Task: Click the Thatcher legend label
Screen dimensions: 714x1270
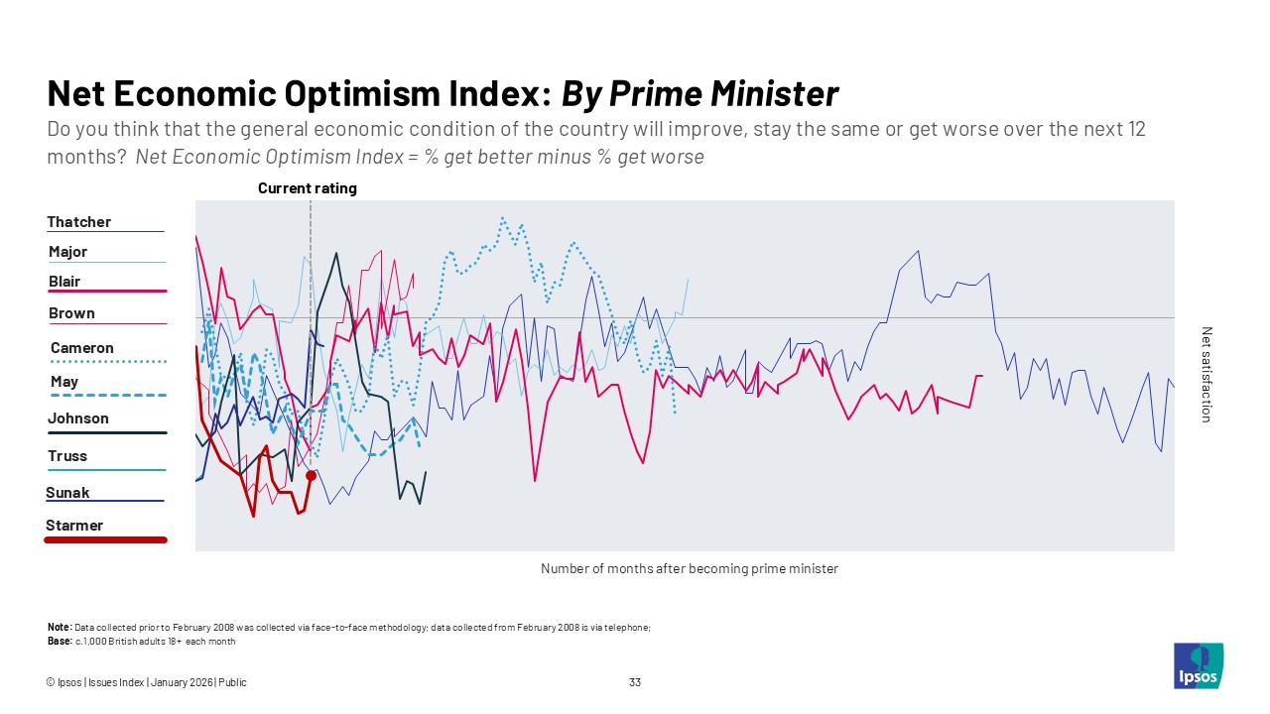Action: (79, 222)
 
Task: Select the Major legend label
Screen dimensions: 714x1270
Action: (68, 252)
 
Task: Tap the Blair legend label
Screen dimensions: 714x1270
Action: (64, 282)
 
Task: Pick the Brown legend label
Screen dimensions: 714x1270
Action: (72, 313)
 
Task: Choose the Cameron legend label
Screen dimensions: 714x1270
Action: (82, 348)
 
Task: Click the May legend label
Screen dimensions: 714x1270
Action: (64, 382)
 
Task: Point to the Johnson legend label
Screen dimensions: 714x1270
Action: (78, 418)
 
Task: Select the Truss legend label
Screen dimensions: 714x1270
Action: (67, 456)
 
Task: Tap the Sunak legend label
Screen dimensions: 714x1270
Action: (67, 493)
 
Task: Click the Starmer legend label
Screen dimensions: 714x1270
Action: (74, 526)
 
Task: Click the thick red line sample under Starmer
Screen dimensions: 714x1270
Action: (105, 540)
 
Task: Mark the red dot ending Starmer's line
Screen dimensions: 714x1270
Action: (311, 476)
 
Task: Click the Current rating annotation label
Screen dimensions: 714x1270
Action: (308, 188)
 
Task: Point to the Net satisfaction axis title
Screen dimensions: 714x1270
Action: (1206, 375)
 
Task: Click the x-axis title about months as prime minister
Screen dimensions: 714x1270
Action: (690, 569)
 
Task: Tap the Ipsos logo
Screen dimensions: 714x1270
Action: (1199, 665)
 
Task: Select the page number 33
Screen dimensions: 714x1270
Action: (635, 682)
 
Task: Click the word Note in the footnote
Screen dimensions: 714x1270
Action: (59, 628)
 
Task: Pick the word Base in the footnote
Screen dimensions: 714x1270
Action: (59, 642)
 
